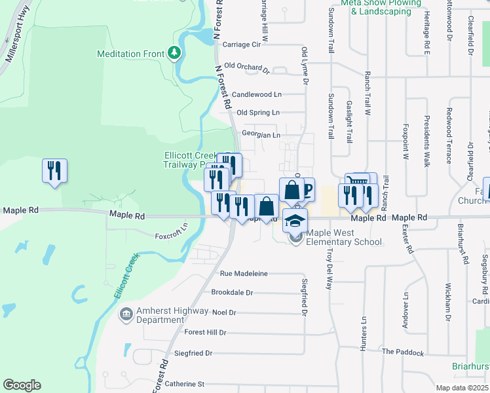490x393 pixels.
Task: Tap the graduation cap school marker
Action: pyautogui.click(x=295, y=220)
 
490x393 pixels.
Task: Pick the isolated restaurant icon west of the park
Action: pyautogui.click(x=54, y=170)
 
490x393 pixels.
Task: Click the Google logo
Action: pyautogui.click(x=22, y=385)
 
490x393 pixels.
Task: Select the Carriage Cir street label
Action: pyautogui.click(x=242, y=45)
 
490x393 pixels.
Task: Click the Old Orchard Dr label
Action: pyautogui.click(x=246, y=67)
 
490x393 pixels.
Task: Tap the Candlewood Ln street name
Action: pyautogui.click(x=256, y=94)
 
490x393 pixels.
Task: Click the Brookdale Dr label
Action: pyautogui.click(x=232, y=293)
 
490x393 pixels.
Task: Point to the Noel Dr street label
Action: pyautogui.click(x=223, y=312)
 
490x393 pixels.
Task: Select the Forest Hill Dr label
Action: pyautogui.click(x=204, y=333)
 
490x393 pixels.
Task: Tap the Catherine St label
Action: pyautogui.click(x=185, y=384)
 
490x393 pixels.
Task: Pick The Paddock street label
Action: pyautogui.click(x=403, y=352)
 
